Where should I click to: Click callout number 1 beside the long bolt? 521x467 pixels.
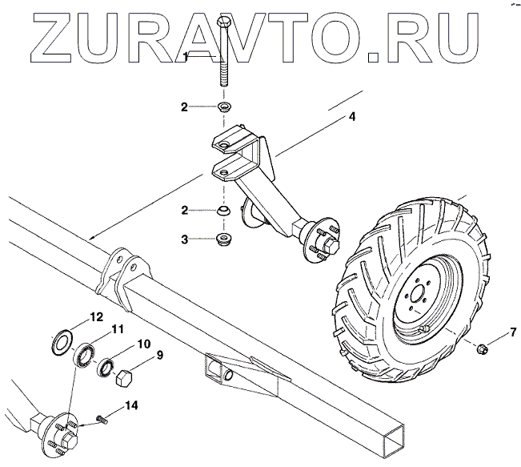click(186, 56)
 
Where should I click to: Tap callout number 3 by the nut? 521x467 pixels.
click(185, 238)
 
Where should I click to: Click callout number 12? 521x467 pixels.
click(96, 316)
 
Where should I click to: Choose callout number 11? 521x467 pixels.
click(117, 329)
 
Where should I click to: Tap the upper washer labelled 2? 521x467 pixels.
click(224, 107)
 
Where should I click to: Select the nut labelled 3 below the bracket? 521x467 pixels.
click(224, 240)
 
